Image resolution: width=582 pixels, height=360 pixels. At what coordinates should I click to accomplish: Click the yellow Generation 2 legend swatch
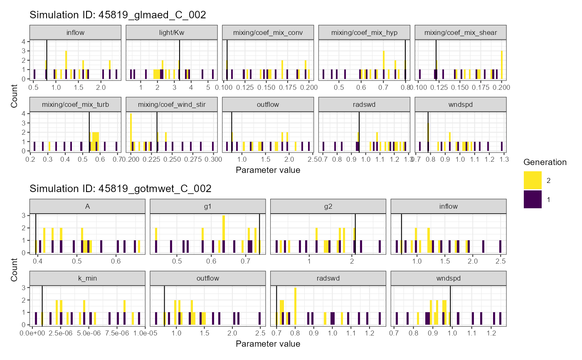click(x=533, y=180)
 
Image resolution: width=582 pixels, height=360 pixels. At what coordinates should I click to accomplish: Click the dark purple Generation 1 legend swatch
click(x=533, y=199)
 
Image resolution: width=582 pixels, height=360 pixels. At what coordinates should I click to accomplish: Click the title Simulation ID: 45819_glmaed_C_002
click(x=118, y=15)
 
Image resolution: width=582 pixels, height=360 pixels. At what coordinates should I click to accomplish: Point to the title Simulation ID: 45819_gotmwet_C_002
click(x=121, y=189)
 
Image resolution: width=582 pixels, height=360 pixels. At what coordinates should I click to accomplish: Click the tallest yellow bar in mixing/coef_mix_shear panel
click(x=502, y=64)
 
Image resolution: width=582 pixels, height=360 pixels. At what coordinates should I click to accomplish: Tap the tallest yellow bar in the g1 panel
click(x=224, y=228)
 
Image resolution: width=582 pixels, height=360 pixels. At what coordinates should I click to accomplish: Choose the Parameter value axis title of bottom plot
click(x=268, y=344)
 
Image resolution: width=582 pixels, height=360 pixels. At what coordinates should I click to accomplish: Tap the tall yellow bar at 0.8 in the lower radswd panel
click(x=295, y=306)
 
